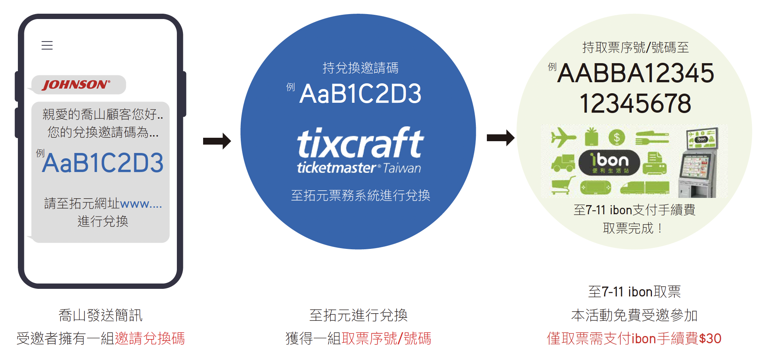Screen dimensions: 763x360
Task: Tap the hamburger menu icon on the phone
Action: coord(47,45)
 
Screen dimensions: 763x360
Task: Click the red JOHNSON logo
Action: coord(76,84)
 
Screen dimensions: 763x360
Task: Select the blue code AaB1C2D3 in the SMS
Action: coord(103,163)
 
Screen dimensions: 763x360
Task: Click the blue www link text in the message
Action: coord(141,204)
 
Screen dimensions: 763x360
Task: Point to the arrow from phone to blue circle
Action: coord(217,141)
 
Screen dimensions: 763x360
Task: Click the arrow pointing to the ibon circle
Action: coord(501,138)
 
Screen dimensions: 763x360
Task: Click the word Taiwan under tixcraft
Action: coord(402,168)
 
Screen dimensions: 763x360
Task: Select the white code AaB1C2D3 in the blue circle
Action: coord(360,94)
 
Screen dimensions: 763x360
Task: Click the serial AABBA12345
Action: coord(636,73)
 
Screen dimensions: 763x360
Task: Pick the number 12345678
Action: coord(635,104)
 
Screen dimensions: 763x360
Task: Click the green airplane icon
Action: coord(563,137)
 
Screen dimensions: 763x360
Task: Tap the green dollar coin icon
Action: coord(617,137)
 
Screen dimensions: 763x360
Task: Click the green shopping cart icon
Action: coord(563,186)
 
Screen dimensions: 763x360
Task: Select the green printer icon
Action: coord(655,163)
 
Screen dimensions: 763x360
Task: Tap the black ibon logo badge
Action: coord(609,162)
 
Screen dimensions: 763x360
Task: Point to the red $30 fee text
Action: coord(710,339)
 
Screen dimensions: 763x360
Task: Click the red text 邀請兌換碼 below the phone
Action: coord(150,338)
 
